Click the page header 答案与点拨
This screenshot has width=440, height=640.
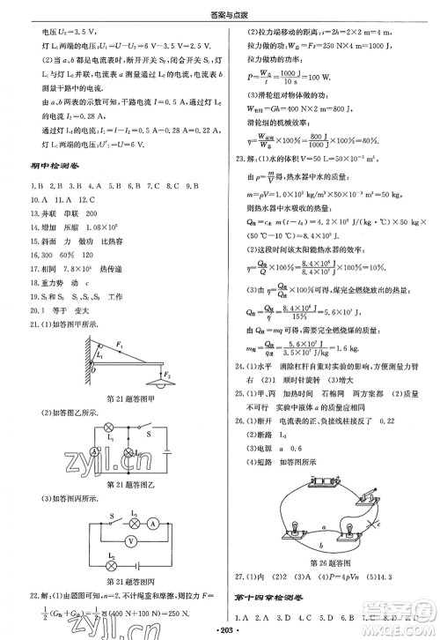tap(219, 11)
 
